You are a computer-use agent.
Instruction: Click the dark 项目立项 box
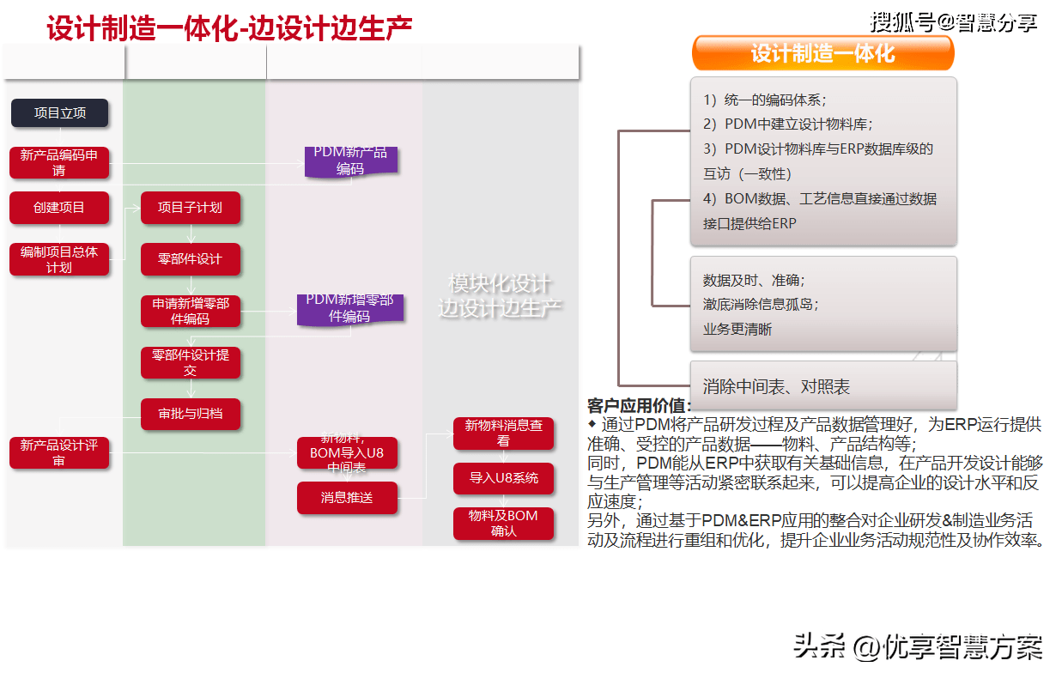pyautogui.click(x=60, y=113)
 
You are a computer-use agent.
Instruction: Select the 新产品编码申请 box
pyautogui.click(x=59, y=162)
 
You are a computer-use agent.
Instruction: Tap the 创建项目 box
pyautogui.click(x=59, y=208)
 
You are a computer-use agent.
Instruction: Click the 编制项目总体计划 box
pyautogui.click(x=59, y=259)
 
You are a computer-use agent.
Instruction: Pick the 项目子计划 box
pyautogui.click(x=190, y=208)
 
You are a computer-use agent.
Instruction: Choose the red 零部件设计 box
pyautogui.click(x=190, y=259)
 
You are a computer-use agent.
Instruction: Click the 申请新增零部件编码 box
pyautogui.click(x=191, y=311)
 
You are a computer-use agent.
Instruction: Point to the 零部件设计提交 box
pyautogui.click(x=191, y=362)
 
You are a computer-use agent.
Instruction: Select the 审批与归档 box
pyautogui.click(x=190, y=414)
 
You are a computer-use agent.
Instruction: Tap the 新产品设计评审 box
pyautogui.click(x=59, y=452)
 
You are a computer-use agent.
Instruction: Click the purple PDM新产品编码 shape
pyautogui.click(x=350, y=161)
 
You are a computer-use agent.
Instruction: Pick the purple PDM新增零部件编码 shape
pyautogui.click(x=349, y=309)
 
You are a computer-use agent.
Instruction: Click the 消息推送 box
pyautogui.click(x=347, y=498)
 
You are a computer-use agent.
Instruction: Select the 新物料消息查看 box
pyautogui.click(x=503, y=433)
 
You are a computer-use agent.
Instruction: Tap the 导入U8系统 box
pyautogui.click(x=503, y=478)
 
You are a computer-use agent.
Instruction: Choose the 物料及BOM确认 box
pyautogui.click(x=503, y=524)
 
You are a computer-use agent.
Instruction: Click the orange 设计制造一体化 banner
pyautogui.click(x=822, y=53)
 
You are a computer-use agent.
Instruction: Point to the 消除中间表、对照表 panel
pyautogui.click(x=822, y=386)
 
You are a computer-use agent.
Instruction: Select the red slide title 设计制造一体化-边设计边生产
pyautogui.click(x=229, y=29)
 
